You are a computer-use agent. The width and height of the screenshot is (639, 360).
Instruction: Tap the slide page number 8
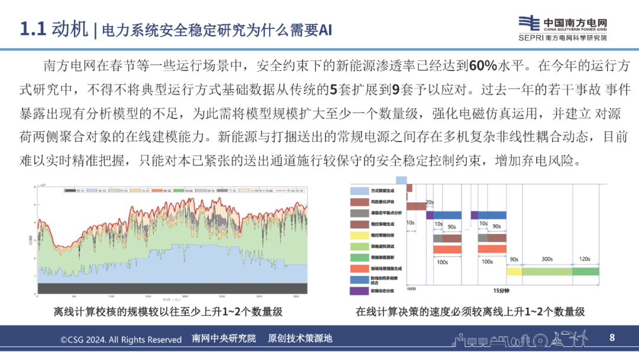pyautogui.click(x=612, y=337)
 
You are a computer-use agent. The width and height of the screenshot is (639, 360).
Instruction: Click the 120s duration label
pyautogui.click(x=585, y=259)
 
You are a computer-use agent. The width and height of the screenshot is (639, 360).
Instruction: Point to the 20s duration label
pyautogui.click(x=430, y=202)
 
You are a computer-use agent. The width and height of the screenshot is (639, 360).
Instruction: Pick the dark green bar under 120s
pyautogui.click(x=585, y=271)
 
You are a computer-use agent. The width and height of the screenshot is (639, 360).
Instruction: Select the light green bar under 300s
pyautogui.click(x=547, y=271)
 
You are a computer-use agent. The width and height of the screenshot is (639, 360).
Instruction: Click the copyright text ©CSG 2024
pyautogui.click(x=121, y=339)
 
